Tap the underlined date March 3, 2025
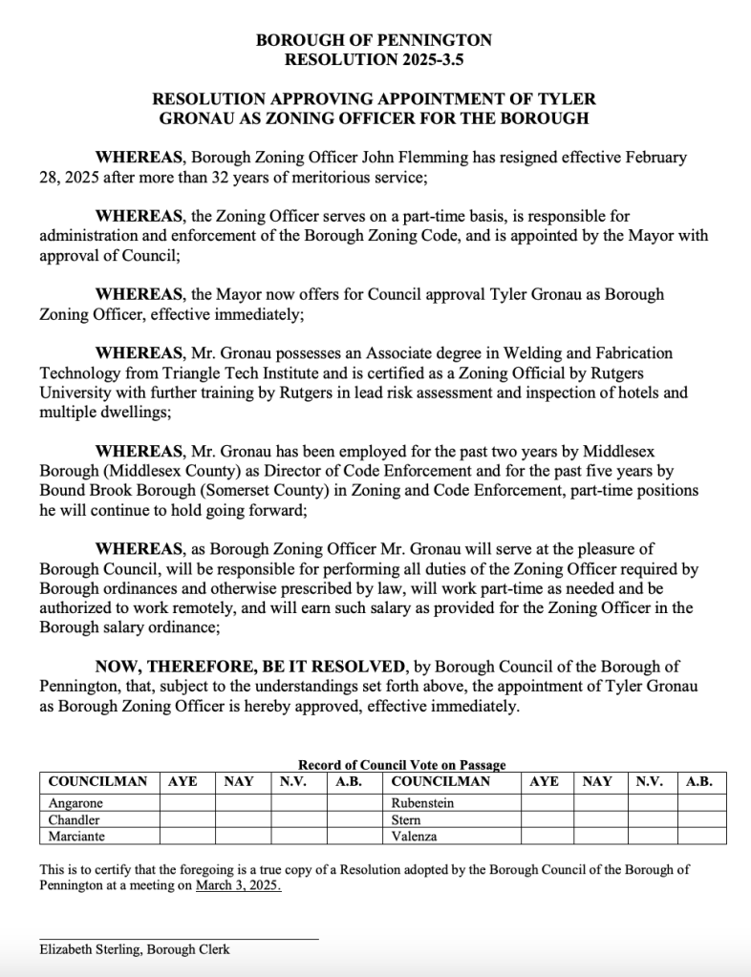(238, 885)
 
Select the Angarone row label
(75, 803)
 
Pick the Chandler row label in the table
(74, 819)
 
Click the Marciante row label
(77, 836)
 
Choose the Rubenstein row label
(422, 803)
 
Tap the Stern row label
(407, 819)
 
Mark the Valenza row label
(414, 836)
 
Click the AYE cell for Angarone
(187, 803)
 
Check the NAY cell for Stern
(600, 819)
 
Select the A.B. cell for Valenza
(702, 836)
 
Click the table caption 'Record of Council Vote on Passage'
(401, 765)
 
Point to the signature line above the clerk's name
(179, 939)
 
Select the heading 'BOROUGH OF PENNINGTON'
(375, 40)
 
